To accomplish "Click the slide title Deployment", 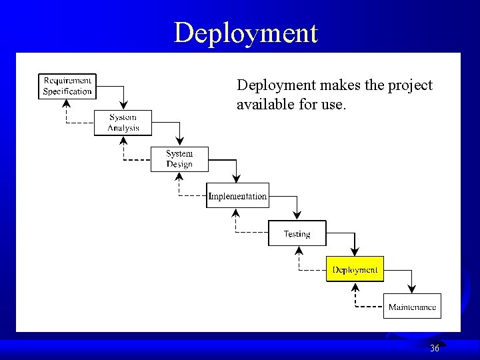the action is tap(246, 32).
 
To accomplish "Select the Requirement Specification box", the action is tap(67, 87).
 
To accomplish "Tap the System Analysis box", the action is tap(123, 123).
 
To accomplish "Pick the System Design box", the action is tap(179, 159).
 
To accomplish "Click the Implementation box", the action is tap(237, 196).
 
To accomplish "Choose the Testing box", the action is tap(297, 233).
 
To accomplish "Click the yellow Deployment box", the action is tap(355, 269).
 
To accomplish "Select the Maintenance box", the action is tap(412, 307).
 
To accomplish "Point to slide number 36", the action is tap(435, 348).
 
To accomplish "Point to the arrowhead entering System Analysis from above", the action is tap(123, 105).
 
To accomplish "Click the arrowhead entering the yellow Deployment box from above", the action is tap(355, 252).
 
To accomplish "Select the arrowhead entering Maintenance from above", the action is tap(412, 289).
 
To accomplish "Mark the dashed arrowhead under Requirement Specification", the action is tap(67, 103).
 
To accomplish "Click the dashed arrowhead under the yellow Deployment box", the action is tap(355, 287).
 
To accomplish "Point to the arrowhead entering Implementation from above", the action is tap(237, 178).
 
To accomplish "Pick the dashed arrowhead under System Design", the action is tap(179, 176).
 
